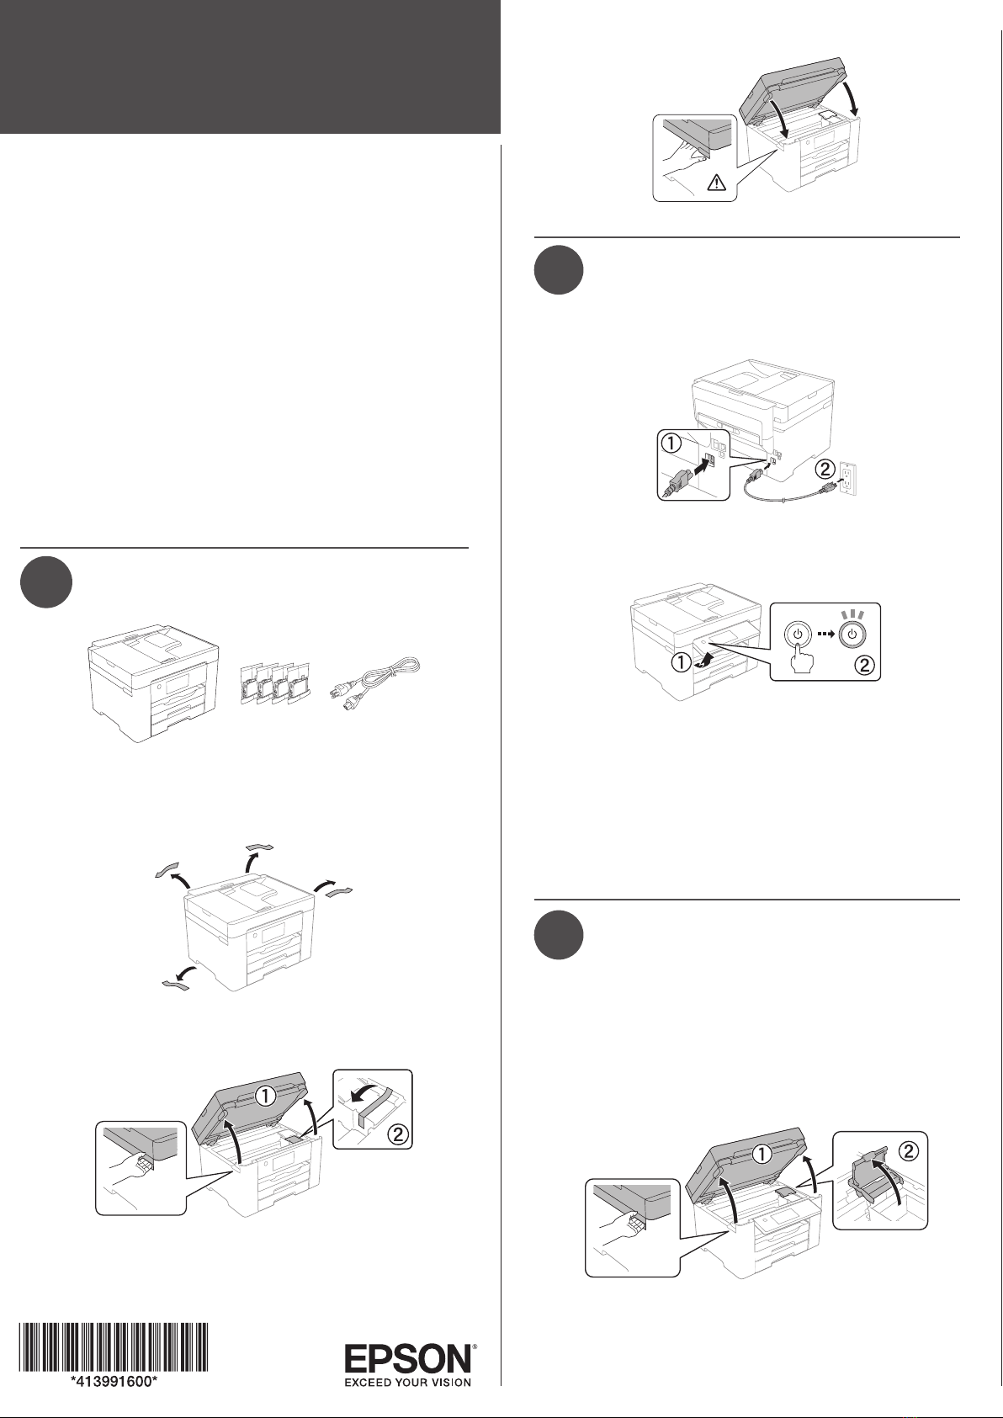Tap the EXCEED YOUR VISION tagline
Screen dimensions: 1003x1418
408,1383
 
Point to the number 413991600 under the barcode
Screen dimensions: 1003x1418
114,1382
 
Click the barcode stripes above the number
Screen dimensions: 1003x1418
114,1348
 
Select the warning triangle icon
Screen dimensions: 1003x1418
715,183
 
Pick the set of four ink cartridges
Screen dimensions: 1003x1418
276,684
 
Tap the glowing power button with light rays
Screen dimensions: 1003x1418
852,631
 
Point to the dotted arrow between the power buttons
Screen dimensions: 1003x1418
825,634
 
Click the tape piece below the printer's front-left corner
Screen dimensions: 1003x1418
175,985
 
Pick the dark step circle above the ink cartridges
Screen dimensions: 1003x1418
46,582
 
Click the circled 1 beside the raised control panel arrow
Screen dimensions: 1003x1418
681,663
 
